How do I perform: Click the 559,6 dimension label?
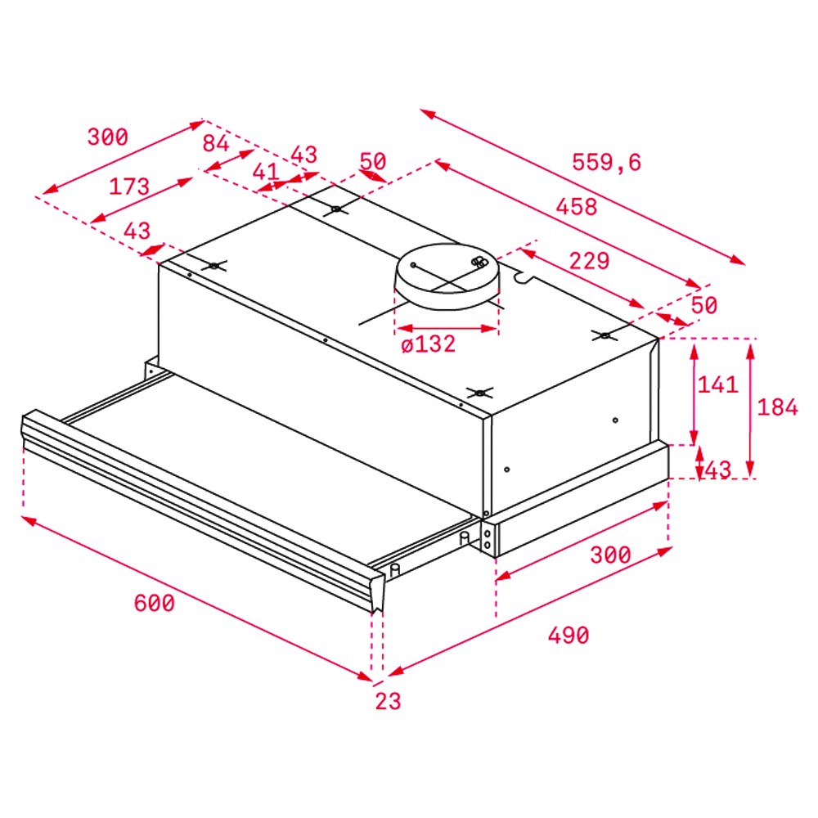(x=606, y=163)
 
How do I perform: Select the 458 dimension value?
(x=577, y=207)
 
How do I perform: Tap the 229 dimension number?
(x=589, y=261)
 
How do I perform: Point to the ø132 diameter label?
(x=429, y=344)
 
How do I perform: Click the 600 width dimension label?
(x=155, y=604)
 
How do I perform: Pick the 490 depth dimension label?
(x=569, y=636)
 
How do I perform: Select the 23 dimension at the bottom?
(x=388, y=701)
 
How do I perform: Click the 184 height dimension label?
(x=777, y=407)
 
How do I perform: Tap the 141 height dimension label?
(x=718, y=385)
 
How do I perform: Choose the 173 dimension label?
(x=129, y=187)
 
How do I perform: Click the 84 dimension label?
(x=216, y=143)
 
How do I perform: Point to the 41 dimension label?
(x=266, y=172)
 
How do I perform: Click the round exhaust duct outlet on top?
(x=447, y=276)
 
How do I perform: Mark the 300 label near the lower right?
(x=610, y=555)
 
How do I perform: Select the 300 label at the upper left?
(x=107, y=137)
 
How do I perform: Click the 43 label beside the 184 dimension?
(x=718, y=470)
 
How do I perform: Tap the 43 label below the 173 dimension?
(x=137, y=231)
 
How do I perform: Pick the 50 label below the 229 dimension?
(x=704, y=305)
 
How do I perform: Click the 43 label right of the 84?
(x=304, y=155)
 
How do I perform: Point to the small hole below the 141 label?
(x=616, y=420)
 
